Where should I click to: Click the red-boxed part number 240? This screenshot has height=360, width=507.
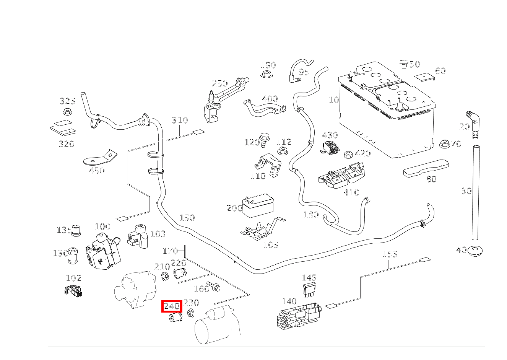(x=172, y=306)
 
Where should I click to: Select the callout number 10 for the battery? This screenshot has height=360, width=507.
(x=334, y=100)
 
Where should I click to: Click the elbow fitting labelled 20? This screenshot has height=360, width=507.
(x=474, y=123)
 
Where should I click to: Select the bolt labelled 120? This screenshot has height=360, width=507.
(x=263, y=138)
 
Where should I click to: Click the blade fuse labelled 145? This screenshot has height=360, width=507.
(x=309, y=290)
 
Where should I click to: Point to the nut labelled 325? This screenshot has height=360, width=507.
(x=67, y=112)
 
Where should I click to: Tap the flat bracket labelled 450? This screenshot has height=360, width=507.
(x=100, y=158)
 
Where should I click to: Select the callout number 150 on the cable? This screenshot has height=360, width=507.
(x=187, y=218)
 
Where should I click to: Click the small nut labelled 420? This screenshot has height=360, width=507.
(x=348, y=155)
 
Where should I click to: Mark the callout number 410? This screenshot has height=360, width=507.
(x=351, y=192)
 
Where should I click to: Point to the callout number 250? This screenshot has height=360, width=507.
(x=220, y=83)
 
